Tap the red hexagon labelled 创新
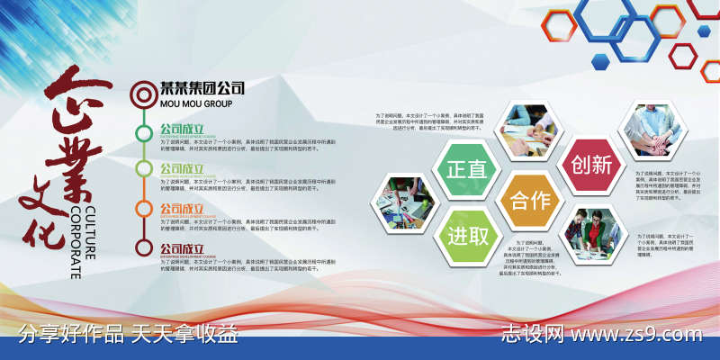tap(591, 165)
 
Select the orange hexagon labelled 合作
tap(529, 201)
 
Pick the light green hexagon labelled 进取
tap(466, 237)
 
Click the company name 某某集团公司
tap(202, 89)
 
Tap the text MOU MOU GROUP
tap(195, 103)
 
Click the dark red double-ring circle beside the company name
tap(144, 92)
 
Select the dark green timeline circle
tap(144, 133)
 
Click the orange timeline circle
tap(144, 209)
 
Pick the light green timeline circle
tap(144, 170)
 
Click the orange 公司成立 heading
tap(182, 209)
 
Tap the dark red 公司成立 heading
tap(182, 248)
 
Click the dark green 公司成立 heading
tap(182, 129)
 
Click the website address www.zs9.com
tap(637, 335)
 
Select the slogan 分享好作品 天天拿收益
tap(129, 335)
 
